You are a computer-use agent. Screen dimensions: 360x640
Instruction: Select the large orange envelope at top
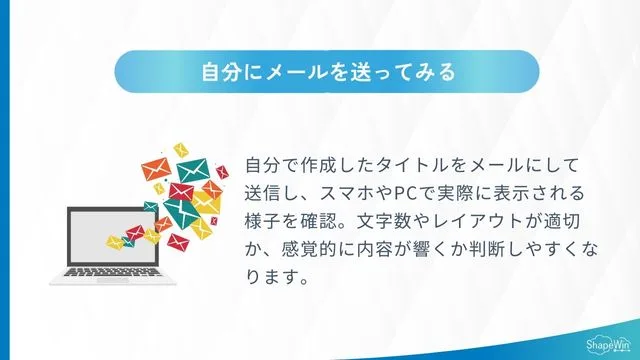(155, 175)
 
